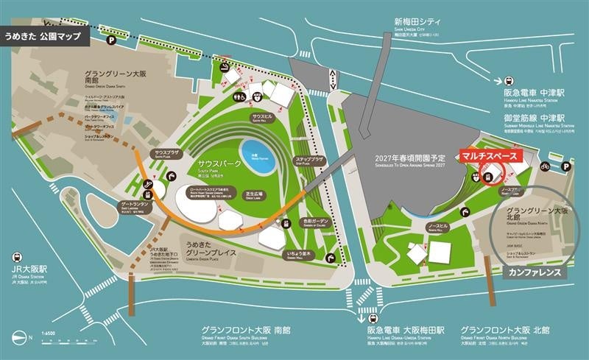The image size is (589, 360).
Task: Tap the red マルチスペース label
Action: [490, 156]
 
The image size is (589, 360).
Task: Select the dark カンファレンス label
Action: [535, 272]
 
